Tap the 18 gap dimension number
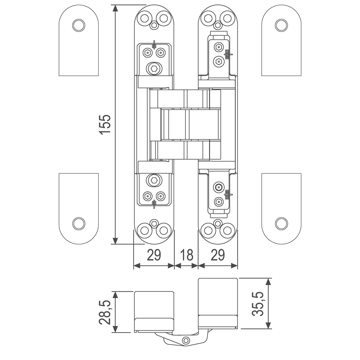pyautogui.click(x=186, y=255)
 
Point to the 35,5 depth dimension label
pyautogui.click(x=257, y=304)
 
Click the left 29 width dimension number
pyautogui.click(x=154, y=255)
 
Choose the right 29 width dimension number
pyautogui.click(x=218, y=255)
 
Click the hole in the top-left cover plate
pyautogui.click(x=79, y=24)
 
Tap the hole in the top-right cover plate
pyautogui.click(x=282, y=24)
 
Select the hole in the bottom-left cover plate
pyautogui.click(x=79, y=223)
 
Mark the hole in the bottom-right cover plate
pyautogui.click(x=282, y=223)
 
